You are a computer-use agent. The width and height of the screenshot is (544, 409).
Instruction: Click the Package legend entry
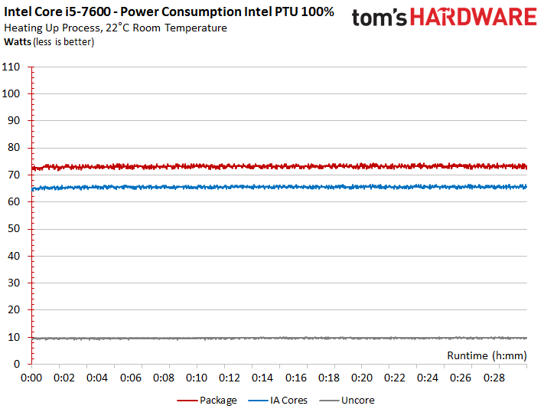pyautogui.click(x=217, y=400)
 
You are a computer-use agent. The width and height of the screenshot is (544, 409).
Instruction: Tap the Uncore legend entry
pyautogui.click(x=357, y=400)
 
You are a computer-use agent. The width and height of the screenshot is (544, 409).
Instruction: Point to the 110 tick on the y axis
pyautogui.click(x=11, y=67)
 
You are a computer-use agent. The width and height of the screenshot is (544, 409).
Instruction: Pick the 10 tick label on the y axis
pyautogui.click(x=14, y=337)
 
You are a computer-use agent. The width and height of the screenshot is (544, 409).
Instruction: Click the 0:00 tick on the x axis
pyautogui.click(x=32, y=378)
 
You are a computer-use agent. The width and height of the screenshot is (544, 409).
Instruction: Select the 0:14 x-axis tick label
pyautogui.click(x=263, y=378)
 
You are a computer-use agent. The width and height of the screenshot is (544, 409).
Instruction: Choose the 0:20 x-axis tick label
pyautogui.click(x=362, y=378)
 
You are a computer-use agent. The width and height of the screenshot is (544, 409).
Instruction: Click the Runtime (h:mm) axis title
pyautogui.click(x=485, y=355)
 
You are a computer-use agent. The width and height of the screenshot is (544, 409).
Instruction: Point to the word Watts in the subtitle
pyautogui.click(x=18, y=41)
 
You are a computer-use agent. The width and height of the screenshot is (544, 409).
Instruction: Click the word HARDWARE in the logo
pyautogui.click(x=471, y=17)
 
